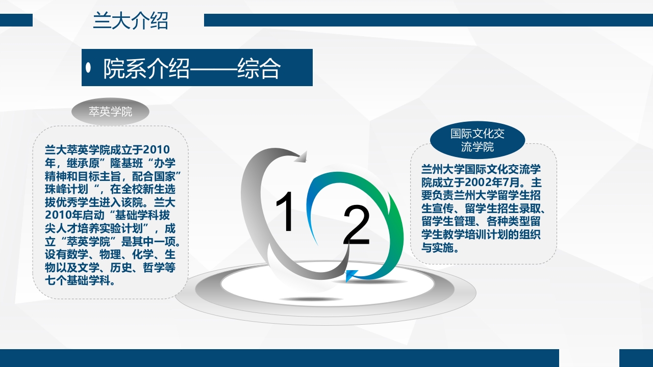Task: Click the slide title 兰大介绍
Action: click(130, 21)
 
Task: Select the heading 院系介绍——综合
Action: click(192, 69)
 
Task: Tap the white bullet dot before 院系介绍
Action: click(89, 67)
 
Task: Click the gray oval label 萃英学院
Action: click(110, 112)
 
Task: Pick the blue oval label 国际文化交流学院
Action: click(477, 140)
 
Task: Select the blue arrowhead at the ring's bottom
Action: click(351, 276)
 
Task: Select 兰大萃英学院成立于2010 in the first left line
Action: click(107, 150)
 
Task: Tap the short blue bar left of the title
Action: click(16, 20)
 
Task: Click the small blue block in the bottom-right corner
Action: click(636, 358)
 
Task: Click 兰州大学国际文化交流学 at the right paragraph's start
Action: click(481, 169)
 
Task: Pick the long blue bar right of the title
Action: click(428, 20)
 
